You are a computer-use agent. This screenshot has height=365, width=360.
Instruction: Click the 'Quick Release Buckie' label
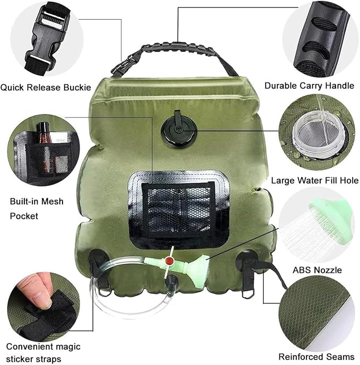(46, 88)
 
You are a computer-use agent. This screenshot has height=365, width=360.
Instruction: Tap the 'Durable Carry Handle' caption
(309, 86)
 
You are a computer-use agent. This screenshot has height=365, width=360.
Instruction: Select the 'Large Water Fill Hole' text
(315, 181)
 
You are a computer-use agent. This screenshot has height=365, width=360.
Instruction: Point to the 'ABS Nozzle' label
(317, 270)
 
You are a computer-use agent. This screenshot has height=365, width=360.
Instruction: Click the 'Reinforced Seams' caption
(316, 357)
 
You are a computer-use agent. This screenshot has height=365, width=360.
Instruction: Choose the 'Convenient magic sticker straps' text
(43, 353)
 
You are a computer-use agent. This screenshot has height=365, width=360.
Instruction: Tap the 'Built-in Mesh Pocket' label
(37, 209)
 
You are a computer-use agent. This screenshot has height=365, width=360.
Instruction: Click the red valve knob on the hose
(169, 261)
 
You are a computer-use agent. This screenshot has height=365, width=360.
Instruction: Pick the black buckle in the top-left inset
(47, 39)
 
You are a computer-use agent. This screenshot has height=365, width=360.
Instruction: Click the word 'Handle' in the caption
(340, 86)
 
